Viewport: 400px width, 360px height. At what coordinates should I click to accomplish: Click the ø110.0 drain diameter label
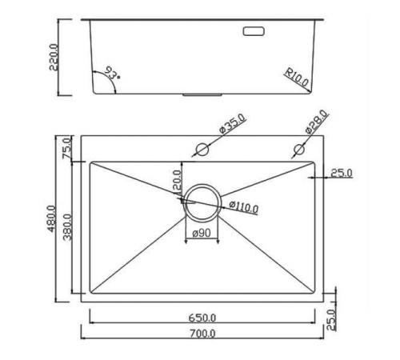coord(243,208)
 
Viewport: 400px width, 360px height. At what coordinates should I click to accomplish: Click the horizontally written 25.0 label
coord(340,172)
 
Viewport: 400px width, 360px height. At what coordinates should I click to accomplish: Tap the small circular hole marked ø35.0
coord(202,149)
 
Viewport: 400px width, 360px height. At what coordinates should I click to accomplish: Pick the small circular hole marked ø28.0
coord(299,149)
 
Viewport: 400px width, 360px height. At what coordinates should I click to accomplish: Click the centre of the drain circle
coord(201,201)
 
